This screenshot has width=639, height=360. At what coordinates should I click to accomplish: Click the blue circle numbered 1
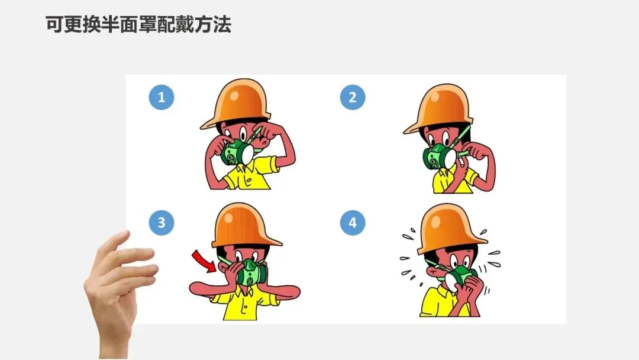pos(162,98)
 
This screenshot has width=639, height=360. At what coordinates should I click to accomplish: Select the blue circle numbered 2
pos(353,98)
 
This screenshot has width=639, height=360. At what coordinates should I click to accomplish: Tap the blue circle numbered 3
pos(162,223)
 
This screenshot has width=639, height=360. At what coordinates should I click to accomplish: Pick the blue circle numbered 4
pos(353,223)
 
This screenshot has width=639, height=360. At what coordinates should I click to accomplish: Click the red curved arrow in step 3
pos(205,261)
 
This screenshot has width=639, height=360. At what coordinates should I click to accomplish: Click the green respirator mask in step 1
pos(238,152)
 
